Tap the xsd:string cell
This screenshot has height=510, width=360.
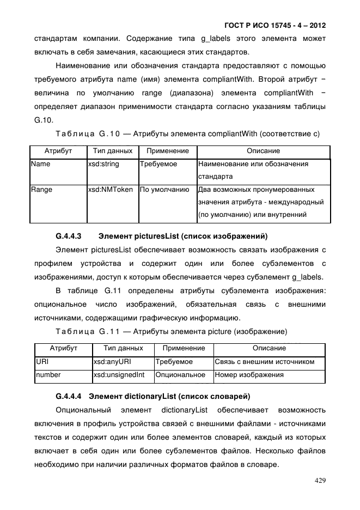[x=103, y=164]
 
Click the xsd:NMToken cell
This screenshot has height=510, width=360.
[x=110, y=190]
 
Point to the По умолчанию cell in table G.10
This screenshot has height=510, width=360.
[x=164, y=190]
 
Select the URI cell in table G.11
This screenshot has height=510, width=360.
[x=41, y=362]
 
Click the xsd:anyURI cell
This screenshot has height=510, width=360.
[x=112, y=362]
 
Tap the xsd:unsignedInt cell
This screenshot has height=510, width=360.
[x=118, y=375]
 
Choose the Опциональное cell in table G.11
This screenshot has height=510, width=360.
[x=180, y=375]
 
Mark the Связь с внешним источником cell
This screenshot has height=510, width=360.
[x=264, y=362]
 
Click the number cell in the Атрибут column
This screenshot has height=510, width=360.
[x=48, y=375]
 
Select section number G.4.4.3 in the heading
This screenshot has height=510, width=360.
[x=69, y=237]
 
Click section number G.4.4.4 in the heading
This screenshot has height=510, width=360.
[x=69, y=395]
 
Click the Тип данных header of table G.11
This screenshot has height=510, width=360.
[x=123, y=348]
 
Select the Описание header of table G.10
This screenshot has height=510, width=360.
[x=263, y=151]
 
